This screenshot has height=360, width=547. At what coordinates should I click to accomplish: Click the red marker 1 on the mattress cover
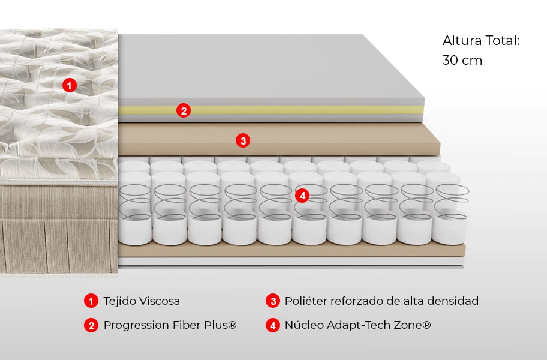click(x=70, y=85)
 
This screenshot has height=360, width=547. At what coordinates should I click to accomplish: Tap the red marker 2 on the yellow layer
click(x=184, y=110)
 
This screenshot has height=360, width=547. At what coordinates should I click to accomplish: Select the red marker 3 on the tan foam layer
click(x=242, y=141)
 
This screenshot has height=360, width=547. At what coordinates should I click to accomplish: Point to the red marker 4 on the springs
click(x=302, y=195)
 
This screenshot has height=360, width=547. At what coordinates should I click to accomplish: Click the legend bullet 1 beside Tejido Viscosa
click(x=91, y=301)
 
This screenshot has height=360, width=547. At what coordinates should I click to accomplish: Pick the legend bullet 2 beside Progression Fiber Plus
click(x=91, y=325)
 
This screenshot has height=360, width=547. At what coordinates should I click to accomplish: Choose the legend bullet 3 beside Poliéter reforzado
click(x=273, y=301)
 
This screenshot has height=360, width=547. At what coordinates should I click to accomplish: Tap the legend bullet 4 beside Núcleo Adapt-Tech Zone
click(x=273, y=325)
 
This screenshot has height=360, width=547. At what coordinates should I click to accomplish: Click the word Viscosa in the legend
click(x=158, y=301)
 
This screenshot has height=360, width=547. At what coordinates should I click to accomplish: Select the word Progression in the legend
click(x=136, y=325)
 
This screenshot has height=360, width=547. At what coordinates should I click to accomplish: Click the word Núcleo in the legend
click(x=303, y=325)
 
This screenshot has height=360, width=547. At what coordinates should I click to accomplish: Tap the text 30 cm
click(x=462, y=61)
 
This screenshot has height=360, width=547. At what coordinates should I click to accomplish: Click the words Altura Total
click(x=480, y=41)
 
